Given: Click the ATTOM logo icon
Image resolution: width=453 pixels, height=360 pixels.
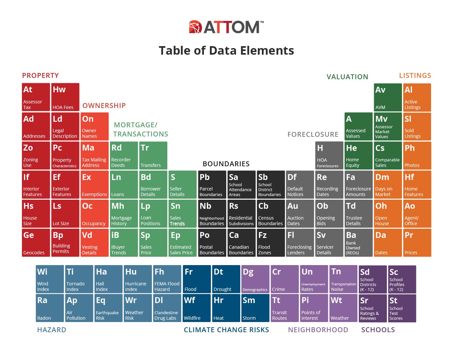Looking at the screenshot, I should pyautogui.click(x=195, y=27).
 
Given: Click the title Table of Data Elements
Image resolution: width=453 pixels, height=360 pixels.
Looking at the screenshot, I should pyautogui.click(x=226, y=51).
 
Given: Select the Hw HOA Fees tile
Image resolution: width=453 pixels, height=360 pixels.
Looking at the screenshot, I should pyautogui.click(x=65, y=97).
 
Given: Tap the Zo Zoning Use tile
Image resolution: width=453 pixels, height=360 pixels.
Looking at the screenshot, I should pyautogui.click(x=36, y=155).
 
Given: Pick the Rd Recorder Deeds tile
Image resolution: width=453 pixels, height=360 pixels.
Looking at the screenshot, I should pyautogui.click(x=124, y=155).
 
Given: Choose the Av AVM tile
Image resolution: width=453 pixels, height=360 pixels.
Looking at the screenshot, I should pyautogui.click(x=388, y=98).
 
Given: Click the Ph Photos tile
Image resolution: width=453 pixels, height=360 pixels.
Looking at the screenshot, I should pyautogui.click(x=417, y=155).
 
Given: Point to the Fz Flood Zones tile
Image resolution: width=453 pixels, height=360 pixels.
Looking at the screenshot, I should pyautogui.click(x=270, y=243).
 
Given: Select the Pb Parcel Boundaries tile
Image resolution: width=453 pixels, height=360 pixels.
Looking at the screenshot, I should pyautogui.click(x=212, y=185).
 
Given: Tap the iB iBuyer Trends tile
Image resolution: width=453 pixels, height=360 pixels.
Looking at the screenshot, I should pyautogui.click(x=124, y=243).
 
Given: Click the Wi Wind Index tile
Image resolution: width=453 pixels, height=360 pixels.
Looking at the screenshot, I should pyautogui.click(x=50, y=279).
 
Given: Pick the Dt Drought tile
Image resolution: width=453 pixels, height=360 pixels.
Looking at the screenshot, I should pyautogui.click(x=226, y=279).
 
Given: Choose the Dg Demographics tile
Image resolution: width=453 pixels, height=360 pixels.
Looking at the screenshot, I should pyautogui.click(x=255, y=279).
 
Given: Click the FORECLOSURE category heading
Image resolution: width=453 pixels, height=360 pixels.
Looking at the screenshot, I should pyautogui.click(x=313, y=135).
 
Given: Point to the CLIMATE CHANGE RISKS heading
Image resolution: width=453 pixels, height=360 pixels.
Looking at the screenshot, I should pyautogui.click(x=226, y=330).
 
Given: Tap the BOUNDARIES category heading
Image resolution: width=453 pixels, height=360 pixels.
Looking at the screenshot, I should pyautogui.click(x=226, y=164).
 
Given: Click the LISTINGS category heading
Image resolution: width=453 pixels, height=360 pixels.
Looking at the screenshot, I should pyautogui.click(x=415, y=76).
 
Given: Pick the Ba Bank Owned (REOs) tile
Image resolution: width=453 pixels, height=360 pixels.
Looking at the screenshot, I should pyautogui.click(x=358, y=243).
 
